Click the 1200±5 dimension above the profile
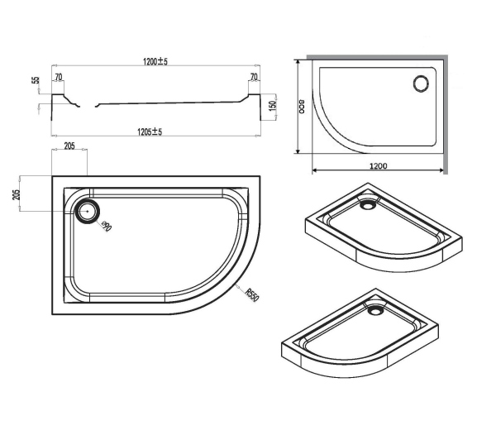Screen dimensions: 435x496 point(155,61)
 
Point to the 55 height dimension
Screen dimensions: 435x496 point(36,83)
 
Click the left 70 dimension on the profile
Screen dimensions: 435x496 point(59,78)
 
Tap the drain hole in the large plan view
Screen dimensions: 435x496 point(86,210)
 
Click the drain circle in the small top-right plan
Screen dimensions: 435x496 point(420,83)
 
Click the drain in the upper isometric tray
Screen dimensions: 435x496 point(367,199)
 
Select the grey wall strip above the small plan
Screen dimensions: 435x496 point(376,59)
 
